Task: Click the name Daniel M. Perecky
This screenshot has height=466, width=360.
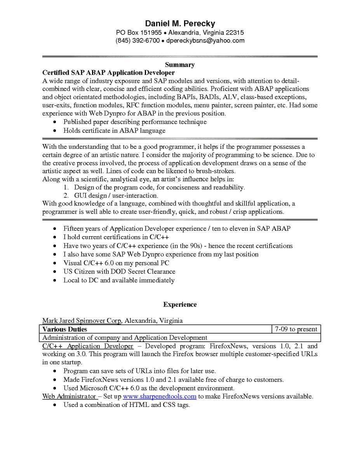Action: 180,23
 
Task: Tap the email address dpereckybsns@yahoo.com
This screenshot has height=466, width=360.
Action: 205,41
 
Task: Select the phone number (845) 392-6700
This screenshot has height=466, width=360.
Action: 137,41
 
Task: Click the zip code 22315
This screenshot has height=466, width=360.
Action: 235,33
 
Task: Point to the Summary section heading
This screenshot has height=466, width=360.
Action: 180,65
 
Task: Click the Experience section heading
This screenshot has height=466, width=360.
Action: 180,304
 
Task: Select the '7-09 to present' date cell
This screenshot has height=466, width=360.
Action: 296,329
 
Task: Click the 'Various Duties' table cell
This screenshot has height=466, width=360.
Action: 65,329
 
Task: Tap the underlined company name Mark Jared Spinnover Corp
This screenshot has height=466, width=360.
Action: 82,321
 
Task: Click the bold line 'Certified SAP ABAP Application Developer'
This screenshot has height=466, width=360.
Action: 108,73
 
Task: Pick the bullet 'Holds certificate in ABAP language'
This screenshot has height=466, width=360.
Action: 114,130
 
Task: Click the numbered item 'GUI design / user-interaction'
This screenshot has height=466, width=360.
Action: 116,196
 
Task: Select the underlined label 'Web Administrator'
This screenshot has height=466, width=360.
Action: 69,396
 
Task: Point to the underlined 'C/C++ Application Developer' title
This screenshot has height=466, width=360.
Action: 88,346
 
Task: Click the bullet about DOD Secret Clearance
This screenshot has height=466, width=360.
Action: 119,271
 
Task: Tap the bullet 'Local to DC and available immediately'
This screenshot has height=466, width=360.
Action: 119,280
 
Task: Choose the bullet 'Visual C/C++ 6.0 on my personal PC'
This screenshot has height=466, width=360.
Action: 116,263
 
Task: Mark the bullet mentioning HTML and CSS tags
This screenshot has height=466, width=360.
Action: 127,405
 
